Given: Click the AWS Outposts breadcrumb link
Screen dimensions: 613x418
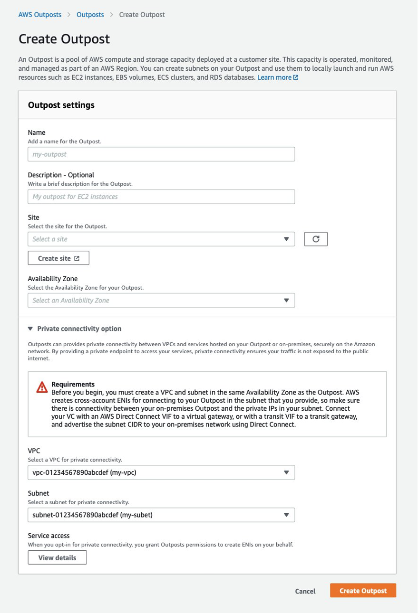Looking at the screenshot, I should coord(40,15).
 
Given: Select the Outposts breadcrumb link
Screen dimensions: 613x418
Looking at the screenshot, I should coord(90,15).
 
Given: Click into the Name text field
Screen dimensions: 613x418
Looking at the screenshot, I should coord(161,154).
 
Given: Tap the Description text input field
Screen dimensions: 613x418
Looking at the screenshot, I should coord(161,197).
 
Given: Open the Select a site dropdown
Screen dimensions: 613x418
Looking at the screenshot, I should coord(161,239).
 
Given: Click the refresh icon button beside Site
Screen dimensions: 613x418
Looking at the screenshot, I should coord(316,239).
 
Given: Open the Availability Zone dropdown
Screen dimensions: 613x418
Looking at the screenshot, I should coord(161,300).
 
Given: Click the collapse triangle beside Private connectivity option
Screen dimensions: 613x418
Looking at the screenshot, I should coord(30,329).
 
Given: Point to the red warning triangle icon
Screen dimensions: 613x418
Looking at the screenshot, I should coord(42,387).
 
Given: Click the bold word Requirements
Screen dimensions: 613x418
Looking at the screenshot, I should coord(73,384).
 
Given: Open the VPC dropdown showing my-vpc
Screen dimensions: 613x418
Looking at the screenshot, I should coord(161,472).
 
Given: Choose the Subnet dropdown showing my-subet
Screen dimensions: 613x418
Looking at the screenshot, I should coord(161,515).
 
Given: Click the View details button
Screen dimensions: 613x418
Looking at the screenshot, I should coord(57,557).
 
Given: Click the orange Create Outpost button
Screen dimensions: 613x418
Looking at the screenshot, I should coord(363,591).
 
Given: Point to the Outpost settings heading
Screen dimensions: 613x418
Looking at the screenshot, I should coord(61,105).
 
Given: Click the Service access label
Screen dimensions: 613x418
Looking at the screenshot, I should coord(49,536).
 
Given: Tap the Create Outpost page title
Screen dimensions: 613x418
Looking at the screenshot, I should coord(64,38).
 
